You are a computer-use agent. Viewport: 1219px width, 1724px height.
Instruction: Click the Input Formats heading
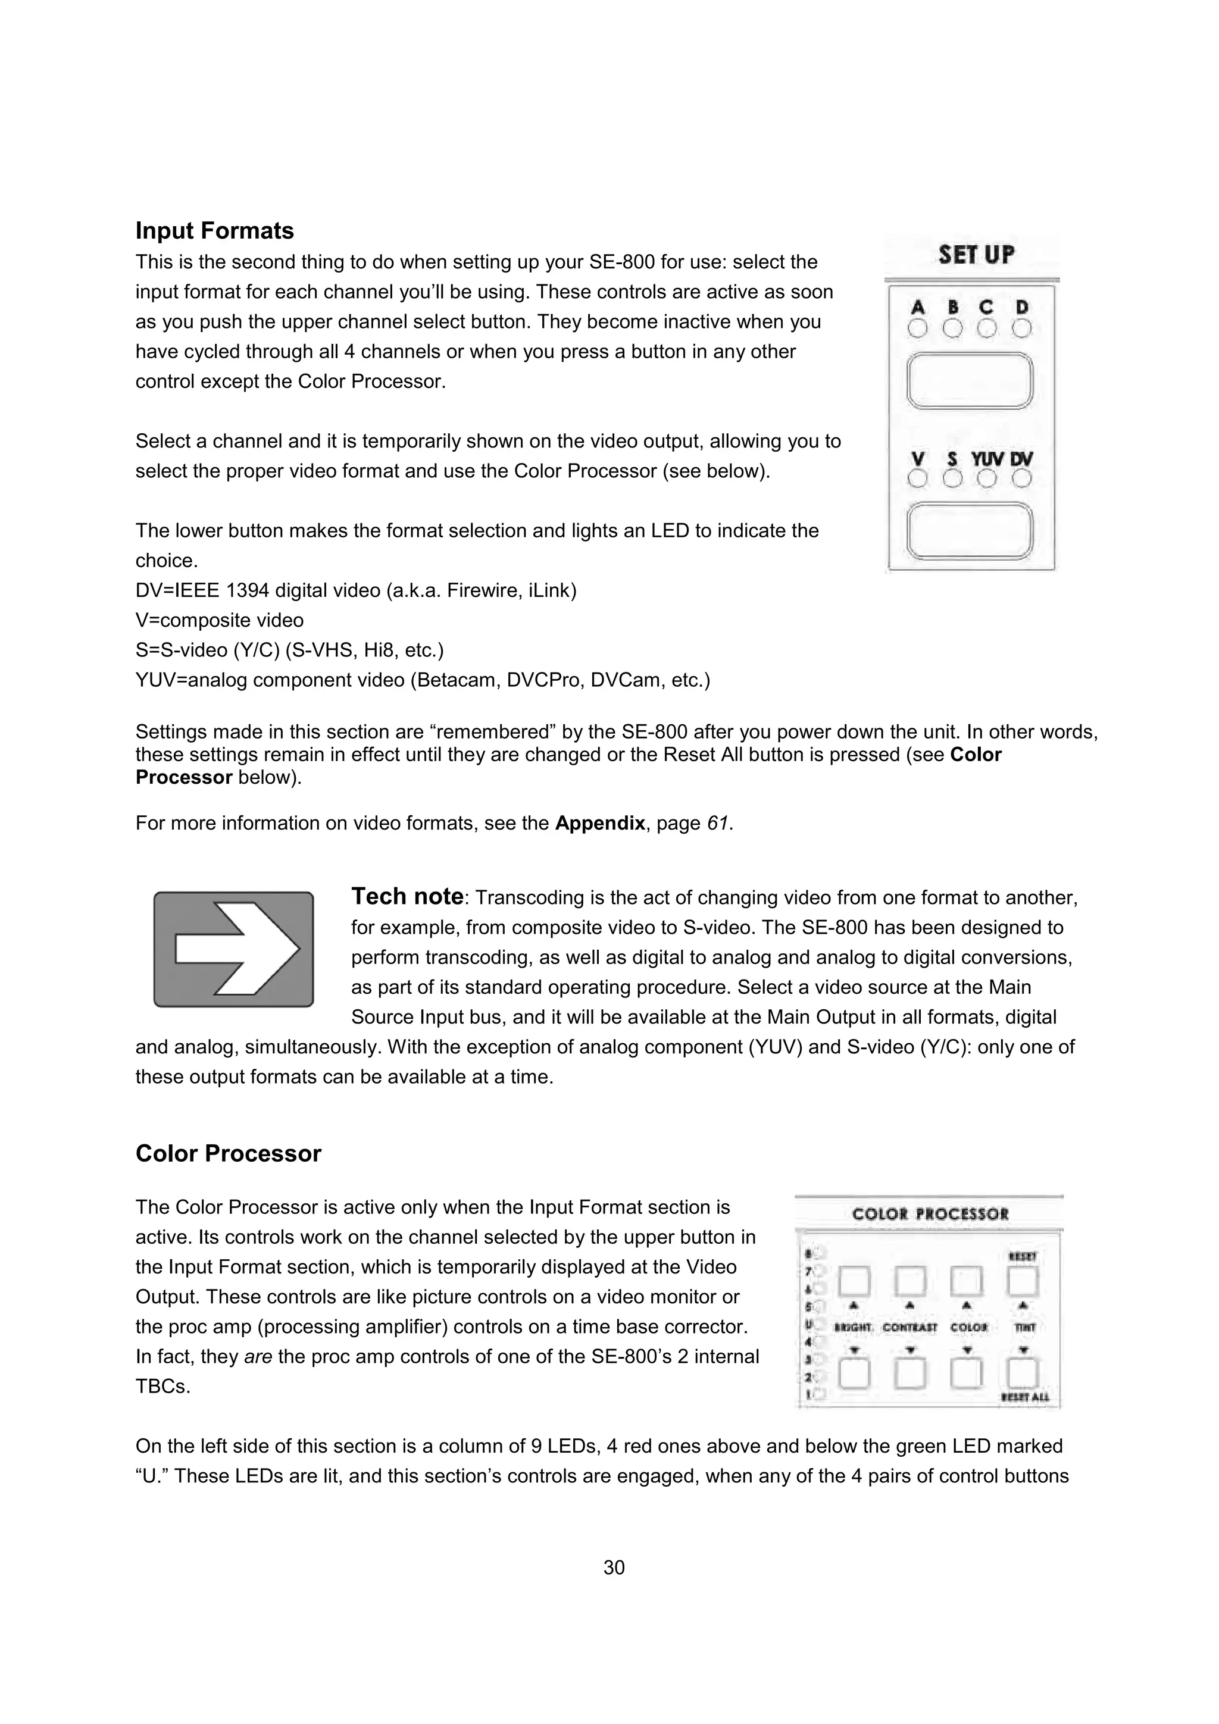(x=214, y=230)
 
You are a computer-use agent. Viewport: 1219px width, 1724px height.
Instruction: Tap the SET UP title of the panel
(x=976, y=255)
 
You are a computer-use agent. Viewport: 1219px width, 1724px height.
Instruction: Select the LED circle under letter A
(x=917, y=329)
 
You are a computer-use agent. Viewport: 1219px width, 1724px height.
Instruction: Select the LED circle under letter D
(x=1021, y=329)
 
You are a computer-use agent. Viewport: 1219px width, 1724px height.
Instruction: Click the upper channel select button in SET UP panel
(x=970, y=381)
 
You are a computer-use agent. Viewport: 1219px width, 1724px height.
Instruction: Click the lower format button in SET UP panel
(x=970, y=531)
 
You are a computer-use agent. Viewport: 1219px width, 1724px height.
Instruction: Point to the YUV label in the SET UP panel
(x=987, y=459)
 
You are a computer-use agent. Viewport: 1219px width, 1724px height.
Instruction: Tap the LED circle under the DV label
(x=1021, y=478)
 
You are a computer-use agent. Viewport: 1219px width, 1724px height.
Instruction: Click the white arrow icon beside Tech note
(x=233, y=949)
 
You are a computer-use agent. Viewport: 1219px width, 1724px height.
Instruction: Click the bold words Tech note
(x=407, y=897)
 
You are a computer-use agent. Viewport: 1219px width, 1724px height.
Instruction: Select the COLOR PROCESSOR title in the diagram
(x=930, y=1214)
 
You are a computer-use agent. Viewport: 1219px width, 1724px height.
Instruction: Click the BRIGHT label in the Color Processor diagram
(x=853, y=1328)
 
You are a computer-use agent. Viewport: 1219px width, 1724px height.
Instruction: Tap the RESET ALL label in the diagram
(x=1024, y=1397)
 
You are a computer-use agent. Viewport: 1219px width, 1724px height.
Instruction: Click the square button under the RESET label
(x=1023, y=1282)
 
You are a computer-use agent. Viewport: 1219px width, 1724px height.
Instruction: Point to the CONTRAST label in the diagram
(x=909, y=1328)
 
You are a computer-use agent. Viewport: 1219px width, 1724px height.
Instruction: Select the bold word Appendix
(x=599, y=823)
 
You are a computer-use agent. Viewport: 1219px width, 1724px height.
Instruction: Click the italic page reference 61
(x=717, y=823)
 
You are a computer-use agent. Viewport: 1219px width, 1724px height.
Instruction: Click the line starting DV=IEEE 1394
(x=355, y=590)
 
